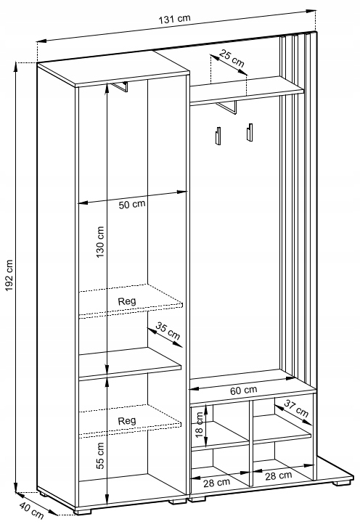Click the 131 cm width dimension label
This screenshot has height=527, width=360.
[174, 19]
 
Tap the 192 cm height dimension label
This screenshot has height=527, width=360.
[9, 275]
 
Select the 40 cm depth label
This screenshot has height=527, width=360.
[31, 510]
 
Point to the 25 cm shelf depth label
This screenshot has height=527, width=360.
[232, 57]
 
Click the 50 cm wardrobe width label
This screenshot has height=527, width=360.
[132, 204]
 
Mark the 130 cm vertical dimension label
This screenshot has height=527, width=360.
[100, 242]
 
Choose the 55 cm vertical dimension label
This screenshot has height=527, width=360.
[100, 456]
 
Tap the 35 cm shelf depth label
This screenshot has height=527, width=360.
[168, 331]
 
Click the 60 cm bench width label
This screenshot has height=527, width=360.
[244, 391]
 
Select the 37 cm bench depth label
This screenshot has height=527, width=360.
[296, 408]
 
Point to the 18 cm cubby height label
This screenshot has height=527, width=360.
[200, 425]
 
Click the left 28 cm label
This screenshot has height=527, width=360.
[216, 483]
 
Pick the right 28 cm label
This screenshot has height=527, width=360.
[278, 475]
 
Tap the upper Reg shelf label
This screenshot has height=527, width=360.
[127, 301]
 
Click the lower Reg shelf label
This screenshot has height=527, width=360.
[127, 420]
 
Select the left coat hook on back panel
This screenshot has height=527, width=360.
[218, 136]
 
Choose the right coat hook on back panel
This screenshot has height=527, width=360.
[249, 132]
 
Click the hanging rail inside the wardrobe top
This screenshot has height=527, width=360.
[120, 86]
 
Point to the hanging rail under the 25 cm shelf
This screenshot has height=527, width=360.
[227, 107]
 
